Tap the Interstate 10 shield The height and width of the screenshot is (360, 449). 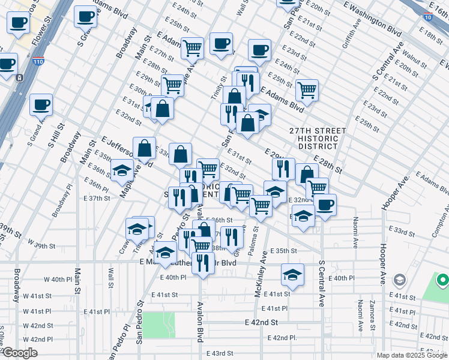click(427, 17)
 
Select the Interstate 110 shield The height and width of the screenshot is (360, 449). click(38, 61)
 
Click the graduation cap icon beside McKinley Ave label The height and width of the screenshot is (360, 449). click(292, 275)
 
